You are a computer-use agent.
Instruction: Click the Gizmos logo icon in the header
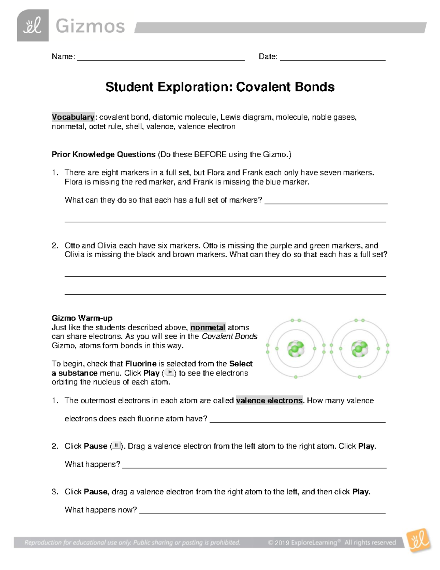33,26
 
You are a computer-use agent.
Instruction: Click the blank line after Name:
161,58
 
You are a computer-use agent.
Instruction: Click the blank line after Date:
333,58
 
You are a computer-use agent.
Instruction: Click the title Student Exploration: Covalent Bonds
220,87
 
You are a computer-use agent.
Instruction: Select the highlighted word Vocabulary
73,117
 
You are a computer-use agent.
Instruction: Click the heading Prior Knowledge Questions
103,155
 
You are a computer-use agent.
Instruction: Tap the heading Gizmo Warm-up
82,318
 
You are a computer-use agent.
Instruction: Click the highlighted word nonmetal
208,327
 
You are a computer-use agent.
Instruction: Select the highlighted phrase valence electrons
269,400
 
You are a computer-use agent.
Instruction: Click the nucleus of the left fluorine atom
296,349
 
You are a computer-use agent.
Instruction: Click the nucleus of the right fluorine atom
359,349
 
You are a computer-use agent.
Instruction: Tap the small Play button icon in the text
169,373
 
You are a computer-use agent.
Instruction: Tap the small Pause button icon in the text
116,446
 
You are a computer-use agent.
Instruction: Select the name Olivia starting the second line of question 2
75,255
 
